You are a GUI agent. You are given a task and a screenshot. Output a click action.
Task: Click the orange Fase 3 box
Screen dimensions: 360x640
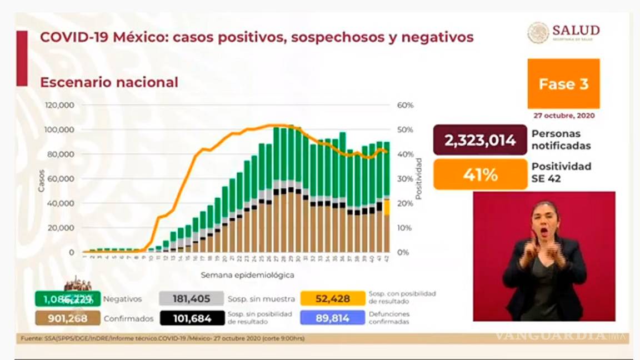(563, 84)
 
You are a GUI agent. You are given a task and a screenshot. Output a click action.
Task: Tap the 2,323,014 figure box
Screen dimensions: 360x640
(480, 140)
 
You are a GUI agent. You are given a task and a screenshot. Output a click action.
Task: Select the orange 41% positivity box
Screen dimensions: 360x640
(480, 174)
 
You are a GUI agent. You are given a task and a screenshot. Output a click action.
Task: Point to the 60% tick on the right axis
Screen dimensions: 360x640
(405, 106)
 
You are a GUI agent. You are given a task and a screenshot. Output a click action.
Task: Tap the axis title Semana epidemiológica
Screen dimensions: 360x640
(247, 275)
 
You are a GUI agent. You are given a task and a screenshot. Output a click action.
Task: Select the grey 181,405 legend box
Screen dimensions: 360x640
(191, 299)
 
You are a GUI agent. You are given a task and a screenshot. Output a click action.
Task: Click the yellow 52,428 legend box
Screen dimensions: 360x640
(332, 299)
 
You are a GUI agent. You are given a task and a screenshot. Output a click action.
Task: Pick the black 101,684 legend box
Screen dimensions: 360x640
(191, 318)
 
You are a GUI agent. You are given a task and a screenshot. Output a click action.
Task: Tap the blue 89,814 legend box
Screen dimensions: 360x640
(332, 318)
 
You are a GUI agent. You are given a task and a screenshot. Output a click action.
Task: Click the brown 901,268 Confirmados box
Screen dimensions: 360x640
(68, 318)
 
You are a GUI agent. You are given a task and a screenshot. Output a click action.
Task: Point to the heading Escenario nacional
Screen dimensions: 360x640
(109, 82)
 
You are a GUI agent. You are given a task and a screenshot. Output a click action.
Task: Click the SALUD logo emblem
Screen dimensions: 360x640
(538, 32)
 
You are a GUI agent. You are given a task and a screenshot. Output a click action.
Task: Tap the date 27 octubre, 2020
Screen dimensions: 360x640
(564, 116)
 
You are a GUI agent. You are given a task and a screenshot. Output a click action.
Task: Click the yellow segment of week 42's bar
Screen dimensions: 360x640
(386, 207)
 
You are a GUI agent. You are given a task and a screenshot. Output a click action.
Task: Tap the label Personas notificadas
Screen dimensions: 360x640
(561, 140)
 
